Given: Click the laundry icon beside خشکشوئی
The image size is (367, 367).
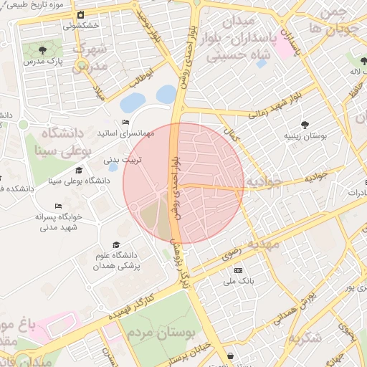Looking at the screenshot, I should [x=81, y=15].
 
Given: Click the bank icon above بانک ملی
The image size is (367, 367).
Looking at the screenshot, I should [x=238, y=270].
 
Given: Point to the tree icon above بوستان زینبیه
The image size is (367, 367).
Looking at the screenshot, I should [x=306, y=125].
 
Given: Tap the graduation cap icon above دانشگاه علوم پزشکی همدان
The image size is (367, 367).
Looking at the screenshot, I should [x=116, y=245].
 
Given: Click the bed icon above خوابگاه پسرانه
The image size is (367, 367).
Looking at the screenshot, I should [x=58, y=206].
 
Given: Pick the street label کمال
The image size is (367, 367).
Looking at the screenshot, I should [x=231, y=133].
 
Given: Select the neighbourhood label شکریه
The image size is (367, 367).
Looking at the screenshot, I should [x=302, y=338].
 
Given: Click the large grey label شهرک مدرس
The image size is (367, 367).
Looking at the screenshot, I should [x=92, y=57].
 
